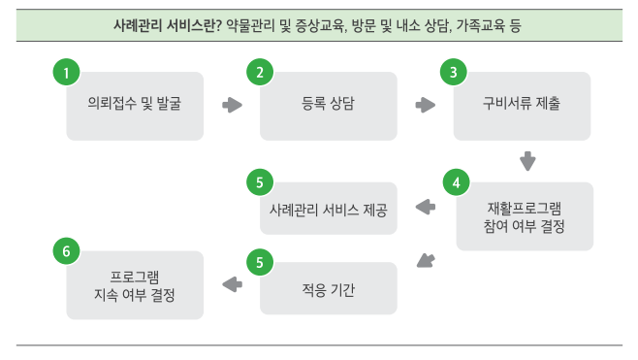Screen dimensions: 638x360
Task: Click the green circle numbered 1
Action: (x=66, y=73)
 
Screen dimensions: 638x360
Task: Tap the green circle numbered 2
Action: (x=260, y=73)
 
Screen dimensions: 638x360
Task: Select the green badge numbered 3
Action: (x=454, y=73)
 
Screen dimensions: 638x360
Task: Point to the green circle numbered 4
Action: (x=456, y=182)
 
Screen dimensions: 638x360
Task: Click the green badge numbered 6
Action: (x=66, y=251)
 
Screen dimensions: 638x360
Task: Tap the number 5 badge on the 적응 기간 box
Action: (x=260, y=262)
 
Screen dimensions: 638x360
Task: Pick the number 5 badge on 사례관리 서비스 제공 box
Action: (x=260, y=182)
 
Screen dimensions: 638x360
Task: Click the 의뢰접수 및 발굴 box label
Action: (x=135, y=103)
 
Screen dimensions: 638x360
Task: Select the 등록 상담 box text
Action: (x=328, y=103)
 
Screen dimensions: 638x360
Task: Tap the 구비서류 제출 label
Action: (x=522, y=103)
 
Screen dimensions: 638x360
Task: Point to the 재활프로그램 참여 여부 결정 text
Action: (x=524, y=217)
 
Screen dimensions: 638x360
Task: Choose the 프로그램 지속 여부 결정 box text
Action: (x=135, y=286)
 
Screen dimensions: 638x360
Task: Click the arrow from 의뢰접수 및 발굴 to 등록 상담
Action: (x=233, y=105)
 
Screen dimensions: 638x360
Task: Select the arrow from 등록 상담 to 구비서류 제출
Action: (x=426, y=105)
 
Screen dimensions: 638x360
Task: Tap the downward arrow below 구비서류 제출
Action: (x=527, y=161)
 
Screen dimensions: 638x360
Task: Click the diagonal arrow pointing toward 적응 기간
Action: (x=426, y=261)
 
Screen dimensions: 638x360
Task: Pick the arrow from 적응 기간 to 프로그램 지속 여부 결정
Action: (x=233, y=284)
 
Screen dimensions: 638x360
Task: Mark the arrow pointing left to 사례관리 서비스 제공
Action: (x=426, y=207)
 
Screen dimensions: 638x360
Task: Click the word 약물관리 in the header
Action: (x=250, y=25)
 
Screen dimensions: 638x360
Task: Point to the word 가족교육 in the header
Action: (x=481, y=25)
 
